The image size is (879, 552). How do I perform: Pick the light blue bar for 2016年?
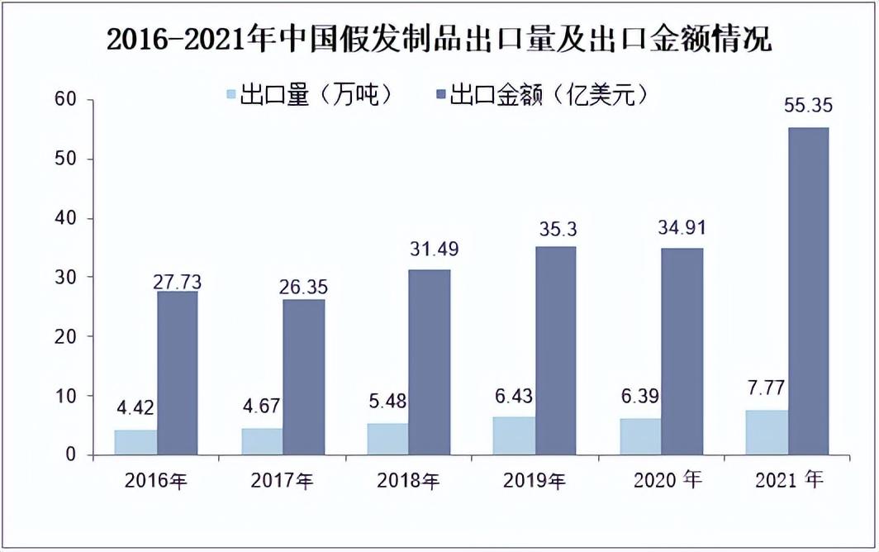click(x=135, y=442)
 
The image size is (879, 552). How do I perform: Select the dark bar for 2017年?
click(x=303, y=377)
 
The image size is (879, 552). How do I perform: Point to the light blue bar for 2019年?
click(x=514, y=435)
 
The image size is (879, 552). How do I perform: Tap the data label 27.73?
click(x=177, y=282)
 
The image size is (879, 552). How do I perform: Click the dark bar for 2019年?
click(x=556, y=350)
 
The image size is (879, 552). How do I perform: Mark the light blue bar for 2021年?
click(x=767, y=432)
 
